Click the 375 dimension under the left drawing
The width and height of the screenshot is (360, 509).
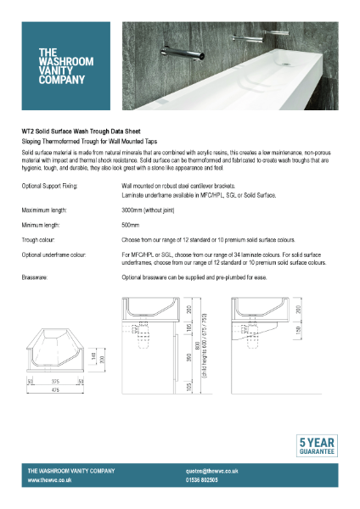coord(54,382)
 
